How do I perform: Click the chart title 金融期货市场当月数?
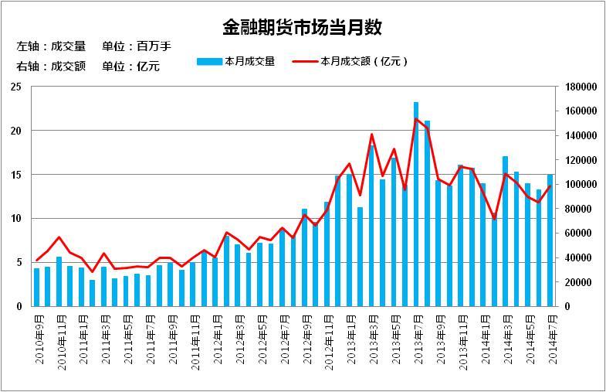click(302, 29)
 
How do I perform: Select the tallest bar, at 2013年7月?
click(416, 204)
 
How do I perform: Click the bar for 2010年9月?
click(36, 287)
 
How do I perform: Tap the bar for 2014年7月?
click(550, 240)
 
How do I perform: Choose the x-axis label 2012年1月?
click(216, 336)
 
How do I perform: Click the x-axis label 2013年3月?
click(372, 336)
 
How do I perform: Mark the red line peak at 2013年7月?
click(416, 118)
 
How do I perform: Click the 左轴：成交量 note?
click(51, 46)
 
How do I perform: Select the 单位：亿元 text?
click(130, 66)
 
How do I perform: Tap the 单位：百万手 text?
click(136, 46)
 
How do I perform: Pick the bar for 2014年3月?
click(506, 231)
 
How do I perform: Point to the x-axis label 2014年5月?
click(528, 336)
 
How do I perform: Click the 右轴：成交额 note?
click(51, 66)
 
